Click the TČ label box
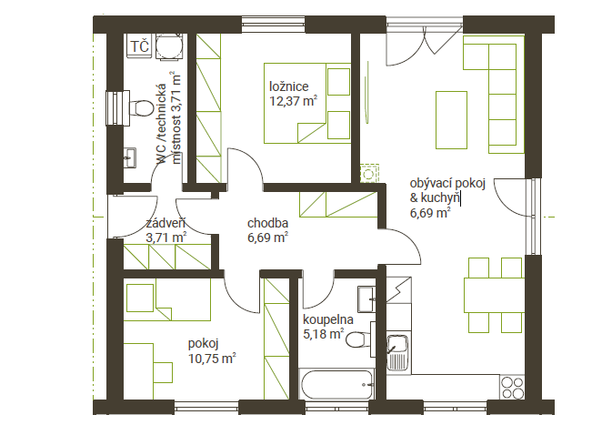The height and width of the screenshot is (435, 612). pyautogui.click(x=139, y=46)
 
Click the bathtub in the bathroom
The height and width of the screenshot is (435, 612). pyautogui.click(x=336, y=385)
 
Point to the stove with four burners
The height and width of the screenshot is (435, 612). pyautogui.click(x=513, y=387)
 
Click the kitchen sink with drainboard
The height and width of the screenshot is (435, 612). pyautogui.click(x=397, y=352)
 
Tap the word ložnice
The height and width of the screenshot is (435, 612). pyautogui.click(x=289, y=86)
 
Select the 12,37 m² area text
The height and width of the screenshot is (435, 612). pyautogui.click(x=293, y=101)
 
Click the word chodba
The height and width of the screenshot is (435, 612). pyautogui.click(x=267, y=223)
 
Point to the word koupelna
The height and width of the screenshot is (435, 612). pyautogui.click(x=328, y=319)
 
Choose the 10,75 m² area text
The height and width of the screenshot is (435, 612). pyautogui.click(x=212, y=359)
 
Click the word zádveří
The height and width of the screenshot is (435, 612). pyautogui.click(x=166, y=223)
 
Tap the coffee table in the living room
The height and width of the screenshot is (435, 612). pyautogui.click(x=451, y=120)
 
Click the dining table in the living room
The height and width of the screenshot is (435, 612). pyautogui.click(x=494, y=295)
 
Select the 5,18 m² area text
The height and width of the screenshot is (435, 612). pyautogui.click(x=324, y=334)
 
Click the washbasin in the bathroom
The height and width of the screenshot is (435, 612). pyautogui.click(x=366, y=299)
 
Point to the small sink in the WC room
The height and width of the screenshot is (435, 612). pyautogui.click(x=130, y=157)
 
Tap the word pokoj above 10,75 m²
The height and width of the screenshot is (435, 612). pyautogui.click(x=204, y=344)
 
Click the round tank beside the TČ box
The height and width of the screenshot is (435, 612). pyautogui.click(x=169, y=46)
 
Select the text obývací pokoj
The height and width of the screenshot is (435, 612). pyautogui.click(x=447, y=184)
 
